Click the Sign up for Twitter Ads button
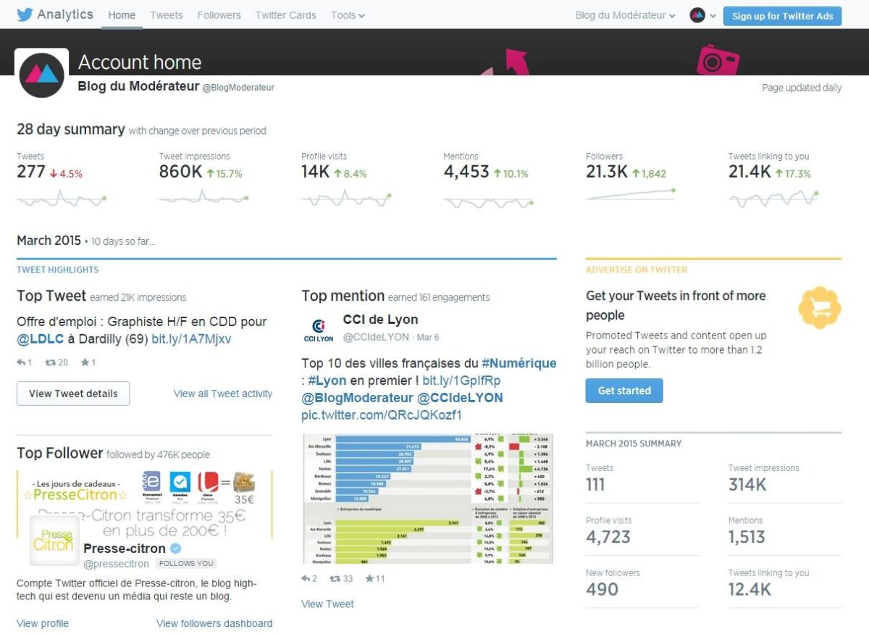(782, 16)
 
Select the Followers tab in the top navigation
(219, 15)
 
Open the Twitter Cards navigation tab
(285, 15)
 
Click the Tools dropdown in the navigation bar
(348, 15)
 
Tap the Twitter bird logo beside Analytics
(25, 14)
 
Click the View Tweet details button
(73, 394)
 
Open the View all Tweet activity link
(223, 394)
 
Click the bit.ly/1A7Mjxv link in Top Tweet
(191, 339)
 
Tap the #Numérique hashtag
(519, 363)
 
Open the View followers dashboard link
(214, 623)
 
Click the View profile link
(43, 623)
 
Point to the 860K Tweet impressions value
(180, 172)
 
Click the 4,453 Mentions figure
(466, 172)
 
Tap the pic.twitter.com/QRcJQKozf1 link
(381, 415)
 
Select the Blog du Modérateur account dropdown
(625, 15)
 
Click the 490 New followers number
(602, 589)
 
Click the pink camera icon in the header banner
(718, 60)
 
